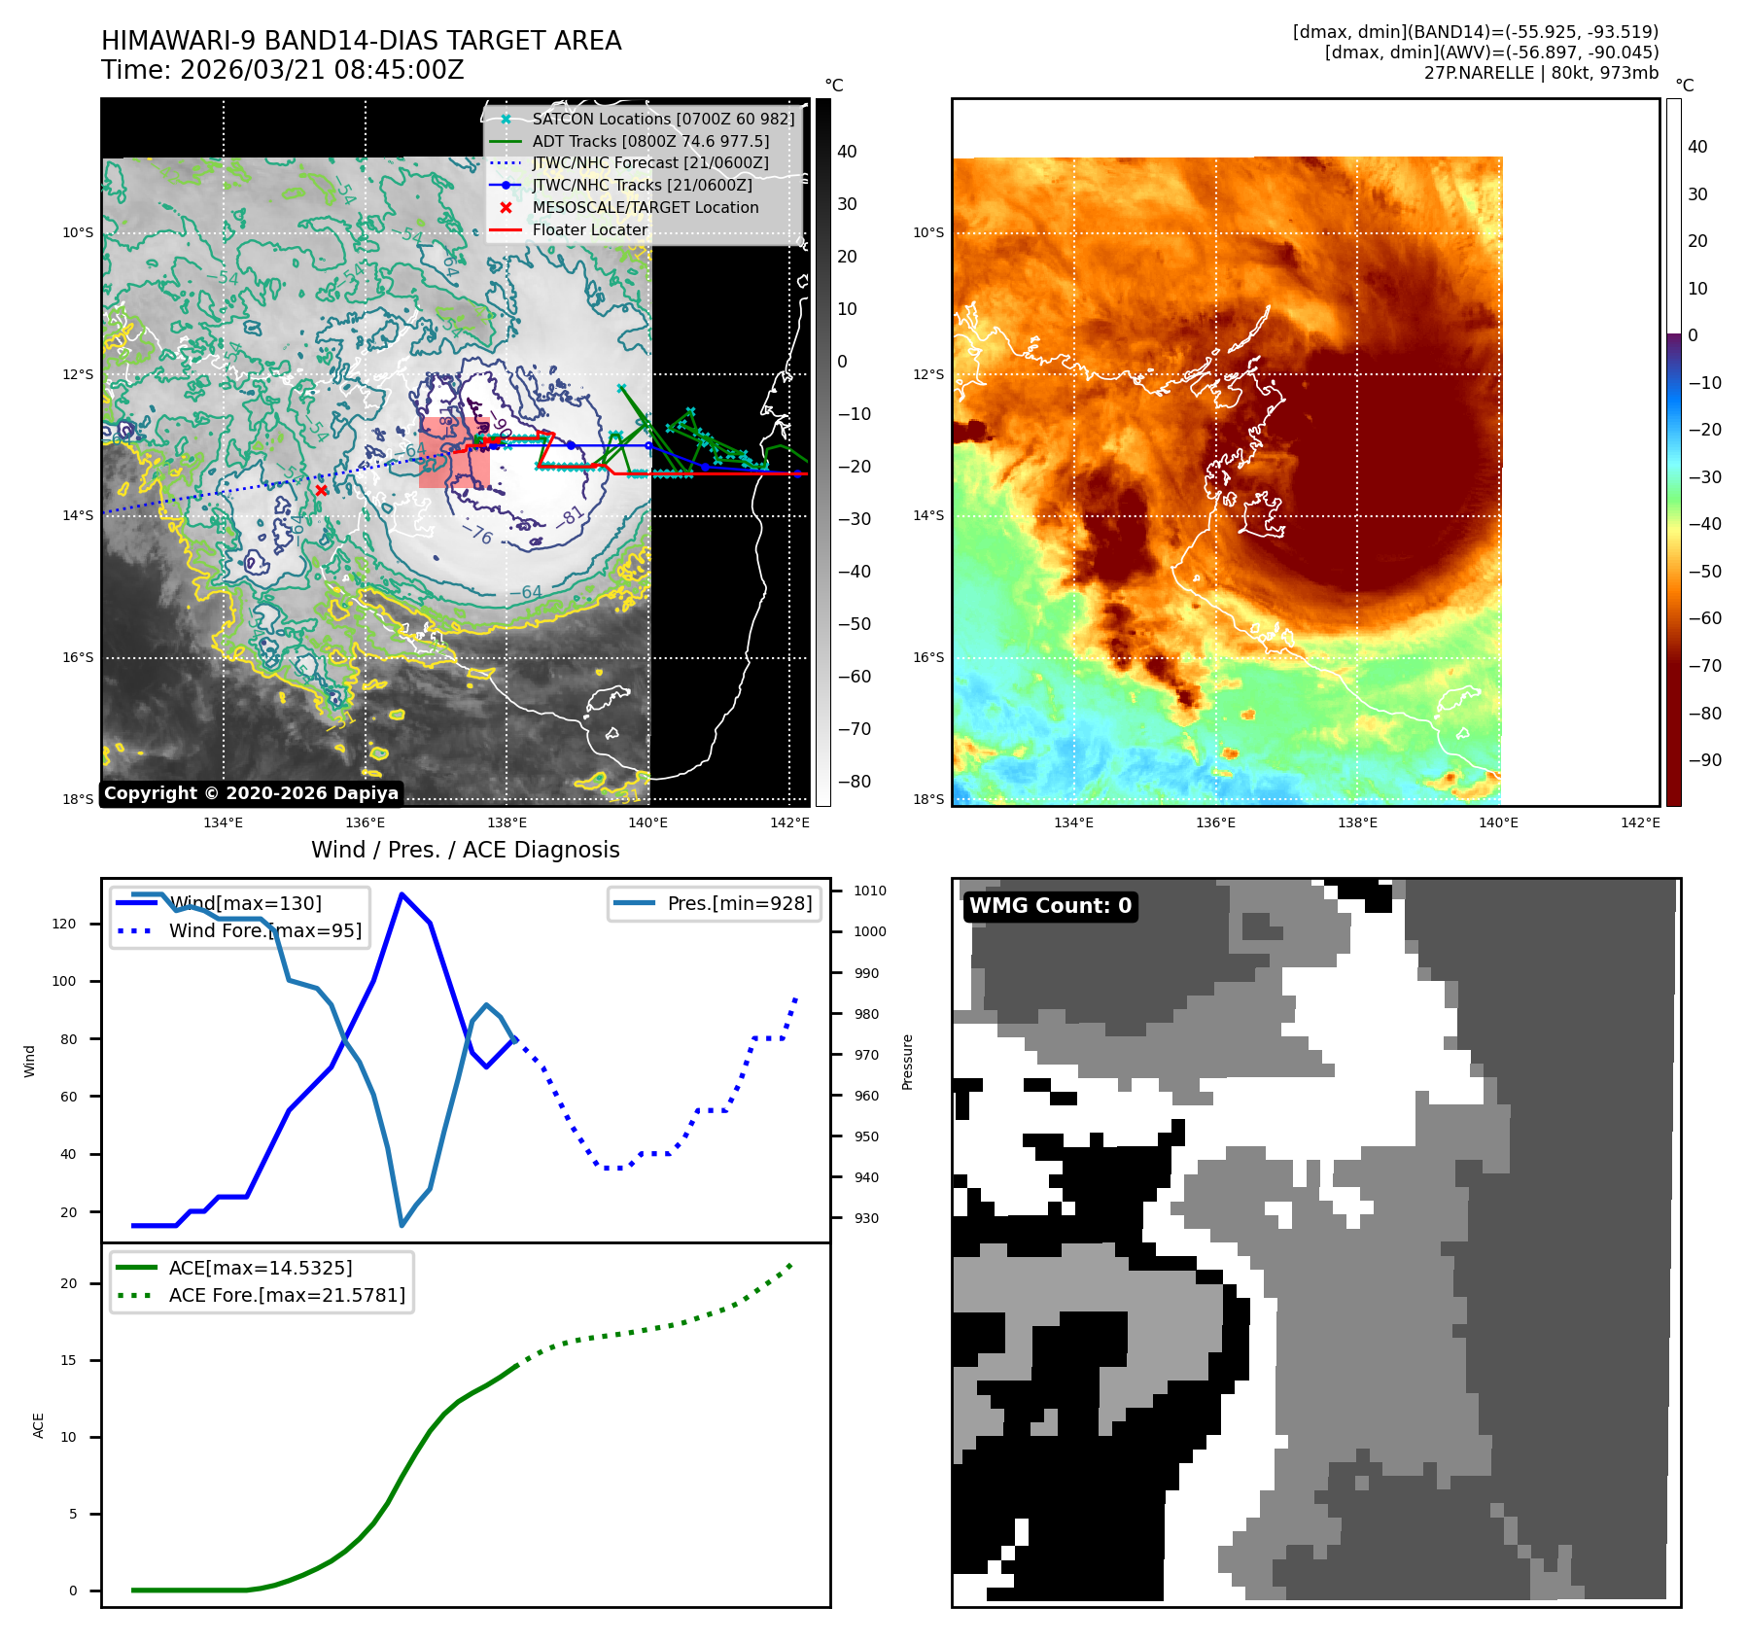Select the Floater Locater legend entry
click(x=589, y=230)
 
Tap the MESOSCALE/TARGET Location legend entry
click(x=645, y=208)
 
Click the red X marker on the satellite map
click(x=322, y=491)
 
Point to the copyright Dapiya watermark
click(x=251, y=793)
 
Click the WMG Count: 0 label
click(x=1050, y=906)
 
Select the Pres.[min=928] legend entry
click(x=739, y=903)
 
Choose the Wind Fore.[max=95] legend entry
click(x=264, y=930)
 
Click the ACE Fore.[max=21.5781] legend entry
click(x=287, y=1295)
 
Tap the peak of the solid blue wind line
click(x=402, y=894)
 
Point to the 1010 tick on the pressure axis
click(x=869, y=891)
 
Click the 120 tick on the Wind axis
click(x=64, y=924)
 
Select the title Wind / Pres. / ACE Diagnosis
click(x=465, y=850)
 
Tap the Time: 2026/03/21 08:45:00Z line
click(x=283, y=70)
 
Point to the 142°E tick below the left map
click(x=789, y=822)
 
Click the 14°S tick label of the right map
click(x=928, y=516)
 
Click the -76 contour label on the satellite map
click(x=481, y=535)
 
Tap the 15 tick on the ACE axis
click(x=68, y=1360)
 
